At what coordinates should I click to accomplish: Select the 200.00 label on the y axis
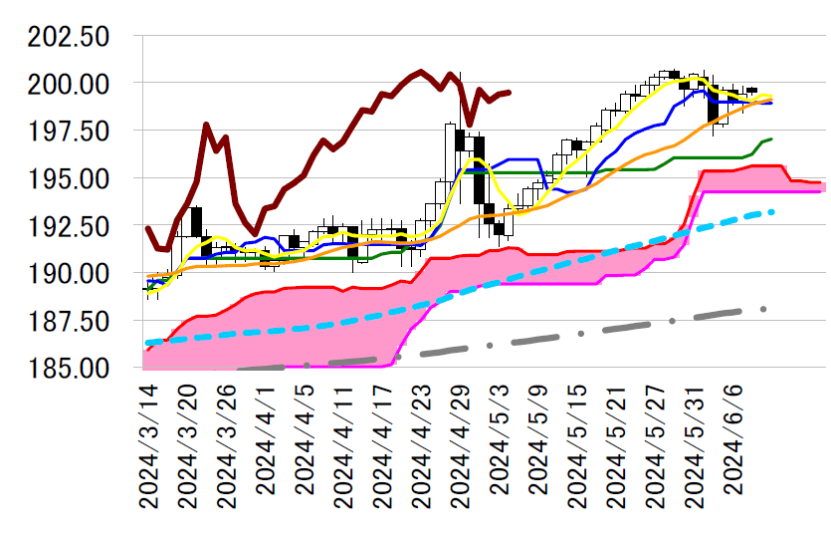click(x=71, y=84)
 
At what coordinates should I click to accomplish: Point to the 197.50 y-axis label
click(x=71, y=132)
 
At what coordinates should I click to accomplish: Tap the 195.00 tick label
click(x=71, y=178)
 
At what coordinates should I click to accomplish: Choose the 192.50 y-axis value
click(x=71, y=226)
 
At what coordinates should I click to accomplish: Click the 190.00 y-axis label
click(x=71, y=274)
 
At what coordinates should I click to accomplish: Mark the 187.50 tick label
click(x=71, y=321)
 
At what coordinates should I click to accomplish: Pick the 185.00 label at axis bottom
click(x=71, y=369)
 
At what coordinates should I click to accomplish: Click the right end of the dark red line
click(x=510, y=92)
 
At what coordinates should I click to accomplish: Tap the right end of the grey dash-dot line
click(x=764, y=309)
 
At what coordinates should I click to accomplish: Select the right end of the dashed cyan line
click(x=772, y=211)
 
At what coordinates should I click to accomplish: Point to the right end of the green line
click(x=772, y=138)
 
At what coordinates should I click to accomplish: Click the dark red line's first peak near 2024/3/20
click(x=206, y=125)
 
